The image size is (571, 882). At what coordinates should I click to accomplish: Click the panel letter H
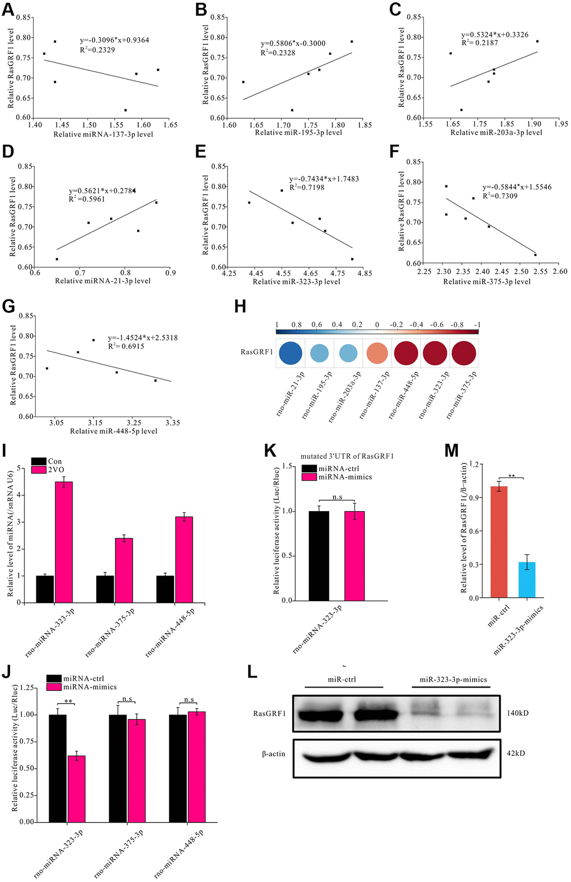[240, 307]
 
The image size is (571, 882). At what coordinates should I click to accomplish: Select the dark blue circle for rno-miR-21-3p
[291, 354]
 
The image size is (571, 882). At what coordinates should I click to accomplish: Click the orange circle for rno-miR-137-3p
[377, 354]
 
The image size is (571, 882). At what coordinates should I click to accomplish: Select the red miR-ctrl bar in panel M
[499, 542]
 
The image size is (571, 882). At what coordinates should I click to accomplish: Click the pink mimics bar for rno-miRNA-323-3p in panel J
[77, 788]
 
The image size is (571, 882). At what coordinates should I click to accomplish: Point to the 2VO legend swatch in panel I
[39, 470]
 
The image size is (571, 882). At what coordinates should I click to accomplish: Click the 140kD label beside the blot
[518, 713]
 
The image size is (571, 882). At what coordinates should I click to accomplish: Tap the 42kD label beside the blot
[516, 753]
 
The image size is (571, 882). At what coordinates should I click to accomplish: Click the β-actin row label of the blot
[274, 754]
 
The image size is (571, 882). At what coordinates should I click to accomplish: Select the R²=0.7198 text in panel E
[307, 188]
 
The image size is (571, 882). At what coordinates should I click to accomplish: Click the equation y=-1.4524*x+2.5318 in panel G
[143, 338]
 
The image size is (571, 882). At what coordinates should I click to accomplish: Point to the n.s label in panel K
[337, 496]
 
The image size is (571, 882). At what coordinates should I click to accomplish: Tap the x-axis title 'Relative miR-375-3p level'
[487, 282]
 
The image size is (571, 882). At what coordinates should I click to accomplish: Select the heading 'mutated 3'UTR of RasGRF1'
[347, 456]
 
